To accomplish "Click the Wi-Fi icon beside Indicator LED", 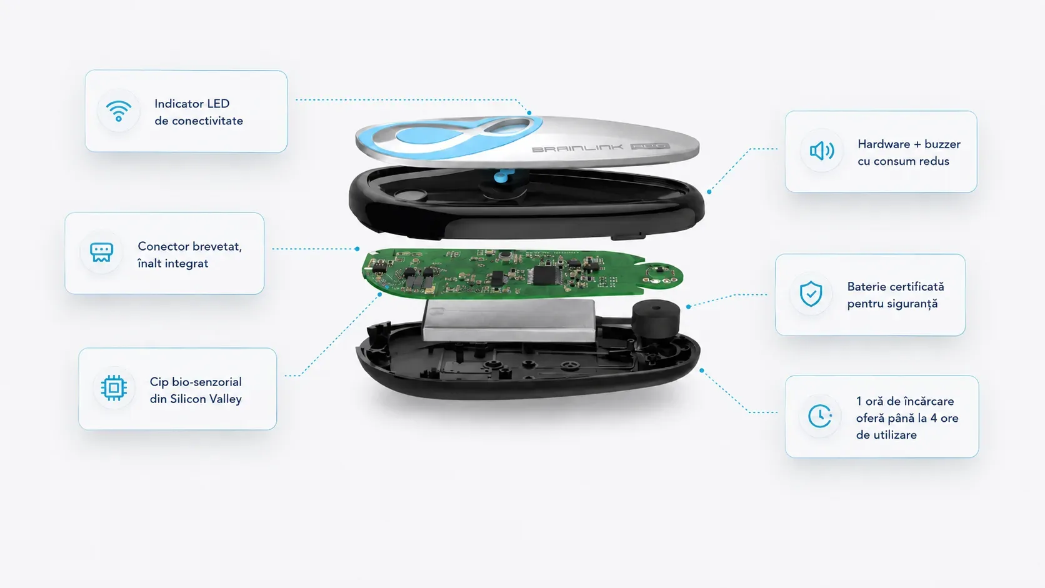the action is [119, 111].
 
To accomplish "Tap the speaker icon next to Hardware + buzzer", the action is [821, 151].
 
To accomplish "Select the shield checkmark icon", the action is [811, 294].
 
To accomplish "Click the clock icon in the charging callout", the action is [819, 416].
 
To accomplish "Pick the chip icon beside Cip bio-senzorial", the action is [114, 388].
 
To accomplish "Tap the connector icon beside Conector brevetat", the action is [102, 252].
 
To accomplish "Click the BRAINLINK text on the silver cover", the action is [577, 149].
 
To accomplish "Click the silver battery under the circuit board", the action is [509, 321].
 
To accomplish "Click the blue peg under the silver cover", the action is [502, 176].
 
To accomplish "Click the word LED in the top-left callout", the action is [218, 104].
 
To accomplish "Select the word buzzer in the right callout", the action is [942, 144].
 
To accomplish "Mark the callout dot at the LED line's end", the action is [529, 113].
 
